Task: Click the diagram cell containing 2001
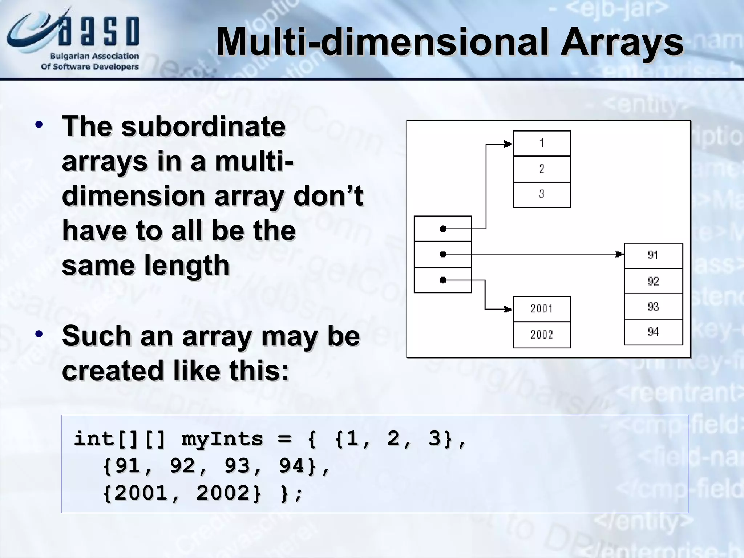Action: pos(541,309)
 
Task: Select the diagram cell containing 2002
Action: pos(541,335)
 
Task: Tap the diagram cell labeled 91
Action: pos(653,255)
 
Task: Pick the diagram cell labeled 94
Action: pos(653,332)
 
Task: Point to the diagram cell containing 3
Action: pos(541,194)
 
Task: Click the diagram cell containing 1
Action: pos(541,143)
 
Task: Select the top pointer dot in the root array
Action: pos(443,229)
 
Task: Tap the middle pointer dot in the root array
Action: pos(443,254)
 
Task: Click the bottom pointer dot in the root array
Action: pos(443,280)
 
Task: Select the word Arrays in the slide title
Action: pos(622,43)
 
